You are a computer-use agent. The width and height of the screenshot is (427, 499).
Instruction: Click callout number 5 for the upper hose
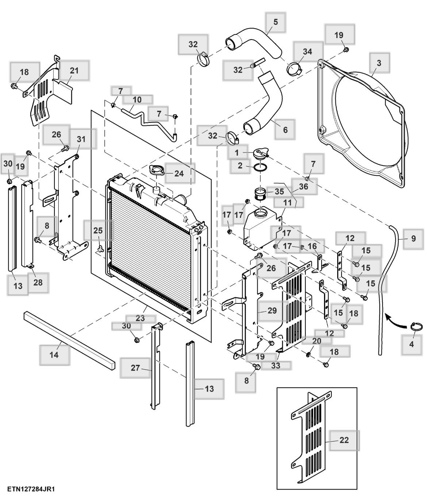tap(276, 22)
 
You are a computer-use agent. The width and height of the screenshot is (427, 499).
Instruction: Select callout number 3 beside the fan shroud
tap(379, 63)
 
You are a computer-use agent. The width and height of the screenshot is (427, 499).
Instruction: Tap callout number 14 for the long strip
tap(54, 354)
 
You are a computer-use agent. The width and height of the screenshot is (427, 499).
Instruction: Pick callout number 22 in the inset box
tap(344, 440)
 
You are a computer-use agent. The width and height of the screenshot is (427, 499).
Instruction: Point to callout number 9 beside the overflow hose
tap(413, 239)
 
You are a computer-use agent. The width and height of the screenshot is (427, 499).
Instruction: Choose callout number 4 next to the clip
tap(412, 344)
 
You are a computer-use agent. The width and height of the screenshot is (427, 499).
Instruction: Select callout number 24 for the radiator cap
tap(179, 173)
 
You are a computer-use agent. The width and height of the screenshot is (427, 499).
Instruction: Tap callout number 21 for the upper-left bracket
tap(74, 70)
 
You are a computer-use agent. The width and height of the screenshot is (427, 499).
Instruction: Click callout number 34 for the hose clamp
tap(308, 52)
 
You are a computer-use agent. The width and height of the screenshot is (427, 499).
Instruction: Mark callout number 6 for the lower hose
tap(285, 129)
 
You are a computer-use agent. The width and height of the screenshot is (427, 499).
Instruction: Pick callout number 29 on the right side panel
tap(272, 311)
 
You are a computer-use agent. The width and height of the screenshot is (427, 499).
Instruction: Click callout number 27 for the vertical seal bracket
tap(135, 368)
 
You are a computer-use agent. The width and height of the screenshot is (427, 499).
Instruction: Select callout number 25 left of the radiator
tap(98, 231)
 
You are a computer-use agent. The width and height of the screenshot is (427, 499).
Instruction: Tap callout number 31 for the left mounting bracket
tap(81, 139)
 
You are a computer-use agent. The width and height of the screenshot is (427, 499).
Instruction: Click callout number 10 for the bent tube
tap(137, 99)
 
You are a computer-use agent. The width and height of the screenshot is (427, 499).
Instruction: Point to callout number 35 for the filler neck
tap(279, 192)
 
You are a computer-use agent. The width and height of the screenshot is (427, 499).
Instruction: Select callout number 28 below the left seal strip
tap(38, 282)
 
